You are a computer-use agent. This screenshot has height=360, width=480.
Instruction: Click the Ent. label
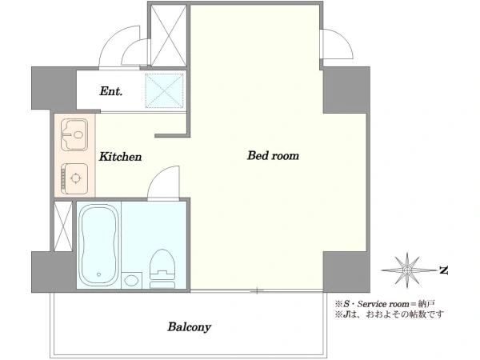(111, 91)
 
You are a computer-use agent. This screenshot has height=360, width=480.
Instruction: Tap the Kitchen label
(120, 157)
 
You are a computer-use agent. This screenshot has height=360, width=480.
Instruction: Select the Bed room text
(273, 155)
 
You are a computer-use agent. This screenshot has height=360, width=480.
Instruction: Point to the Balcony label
(189, 327)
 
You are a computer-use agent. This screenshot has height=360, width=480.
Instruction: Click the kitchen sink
(74, 135)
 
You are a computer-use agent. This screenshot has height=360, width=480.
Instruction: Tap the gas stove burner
(74, 178)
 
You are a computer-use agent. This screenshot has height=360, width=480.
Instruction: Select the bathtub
(98, 245)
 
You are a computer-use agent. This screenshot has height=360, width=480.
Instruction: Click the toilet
(162, 269)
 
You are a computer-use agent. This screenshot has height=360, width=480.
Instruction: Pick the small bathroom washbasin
(132, 281)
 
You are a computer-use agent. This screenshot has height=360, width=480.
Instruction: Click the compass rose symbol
(406, 270)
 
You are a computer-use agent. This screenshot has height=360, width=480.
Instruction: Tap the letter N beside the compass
(443, 270)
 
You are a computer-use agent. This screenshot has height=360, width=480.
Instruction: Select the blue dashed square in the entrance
(164, 90)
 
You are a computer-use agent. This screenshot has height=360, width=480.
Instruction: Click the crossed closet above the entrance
(169, 35)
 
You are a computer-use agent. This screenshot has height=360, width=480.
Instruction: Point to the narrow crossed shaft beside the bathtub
(63, 226)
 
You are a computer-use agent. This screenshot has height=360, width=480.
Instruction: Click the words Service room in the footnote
(383, 304)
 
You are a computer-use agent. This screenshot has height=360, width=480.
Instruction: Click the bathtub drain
(98, 274)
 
